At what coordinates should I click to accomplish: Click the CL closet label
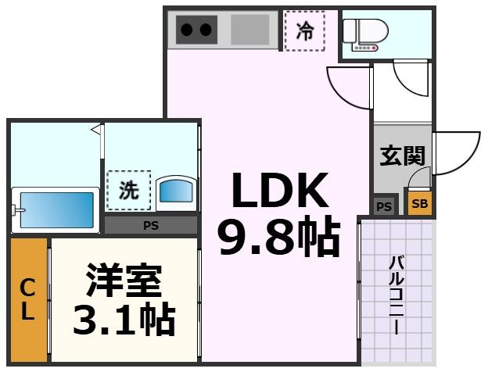27,299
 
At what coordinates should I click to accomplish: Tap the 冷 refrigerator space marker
304,31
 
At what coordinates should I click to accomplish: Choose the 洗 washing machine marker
129,190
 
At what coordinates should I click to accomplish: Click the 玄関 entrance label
401,156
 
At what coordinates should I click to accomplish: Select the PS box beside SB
384,206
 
